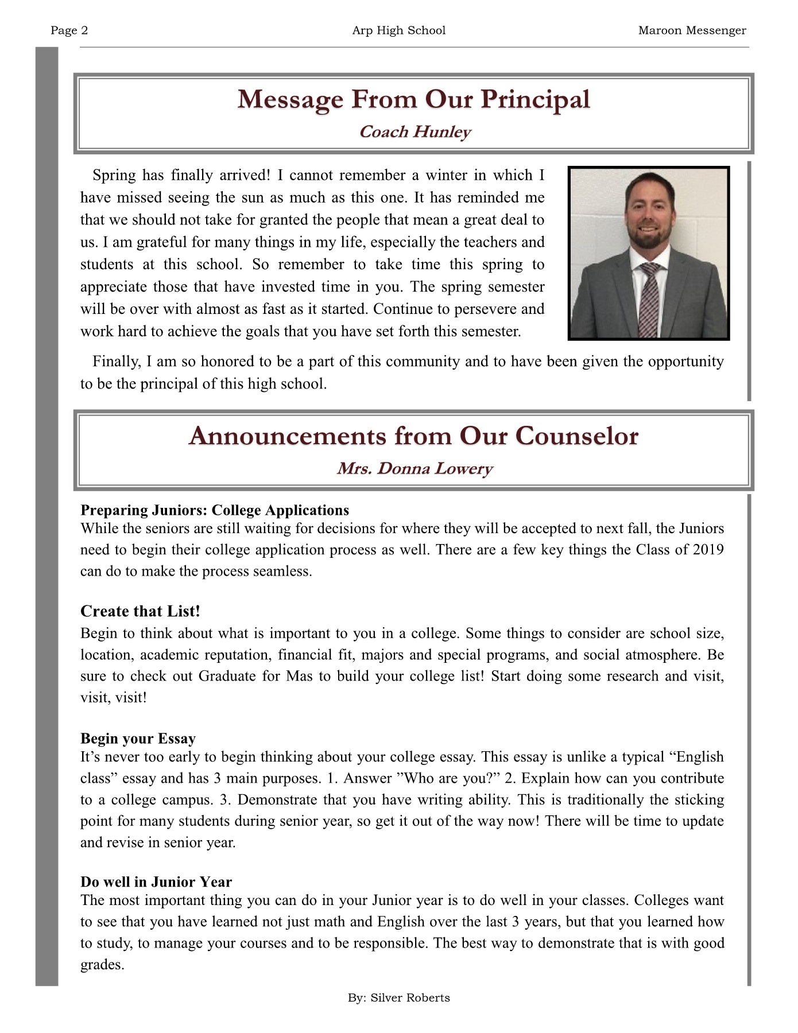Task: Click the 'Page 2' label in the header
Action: point(69,30)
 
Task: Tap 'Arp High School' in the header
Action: point(398,30)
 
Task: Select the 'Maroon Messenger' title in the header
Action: point(692,30)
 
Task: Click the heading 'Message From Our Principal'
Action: point(413,99)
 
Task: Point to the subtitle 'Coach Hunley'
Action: point(415,132)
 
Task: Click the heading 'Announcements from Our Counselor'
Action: point(413,436)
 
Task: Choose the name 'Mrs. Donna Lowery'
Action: point(415,469)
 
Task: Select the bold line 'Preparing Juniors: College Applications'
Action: point(215,510)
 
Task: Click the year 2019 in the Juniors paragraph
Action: point(708,550)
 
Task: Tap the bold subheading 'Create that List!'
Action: point(140,611)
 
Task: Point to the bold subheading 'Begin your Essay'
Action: point(138,739)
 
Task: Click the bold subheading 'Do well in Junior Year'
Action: point(156,882)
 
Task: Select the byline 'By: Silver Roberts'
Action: point(398,998)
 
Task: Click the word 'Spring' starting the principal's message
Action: point(114,176)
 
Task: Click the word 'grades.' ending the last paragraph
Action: point(102,965)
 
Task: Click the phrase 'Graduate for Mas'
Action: point(255,676)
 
